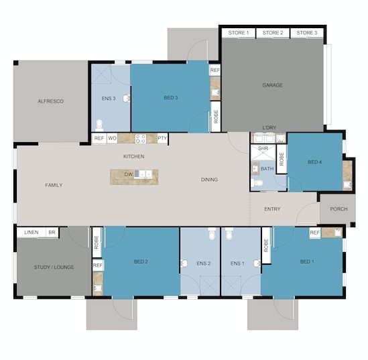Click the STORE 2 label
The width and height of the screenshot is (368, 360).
point(273,33)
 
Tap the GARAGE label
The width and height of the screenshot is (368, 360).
point(272,85)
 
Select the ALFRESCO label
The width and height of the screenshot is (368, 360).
point(51,101)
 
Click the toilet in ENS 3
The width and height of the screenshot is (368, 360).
point(99,125)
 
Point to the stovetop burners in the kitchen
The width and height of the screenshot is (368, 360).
point(141,139)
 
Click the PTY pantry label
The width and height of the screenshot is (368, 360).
point(162,138)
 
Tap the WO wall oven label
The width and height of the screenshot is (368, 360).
point(112,138)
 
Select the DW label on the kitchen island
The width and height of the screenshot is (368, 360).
point(129,174)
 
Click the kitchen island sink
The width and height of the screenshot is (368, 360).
point(143,174)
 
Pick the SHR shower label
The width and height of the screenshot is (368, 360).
point(263,148)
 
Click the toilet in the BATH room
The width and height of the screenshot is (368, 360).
point(257,183)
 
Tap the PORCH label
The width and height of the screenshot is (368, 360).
point(339,209)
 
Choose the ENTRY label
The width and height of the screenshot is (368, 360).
point(272,209)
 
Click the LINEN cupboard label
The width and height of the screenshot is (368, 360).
point(32,233)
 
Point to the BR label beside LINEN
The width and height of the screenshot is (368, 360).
point(52,233)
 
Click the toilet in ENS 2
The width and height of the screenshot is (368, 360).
point(212,234)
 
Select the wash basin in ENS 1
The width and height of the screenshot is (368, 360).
point(257,263)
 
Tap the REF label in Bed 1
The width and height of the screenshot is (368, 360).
point(314,233)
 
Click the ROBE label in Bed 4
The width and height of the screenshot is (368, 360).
point(282,159)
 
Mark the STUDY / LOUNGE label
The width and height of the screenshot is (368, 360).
point(54,267)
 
